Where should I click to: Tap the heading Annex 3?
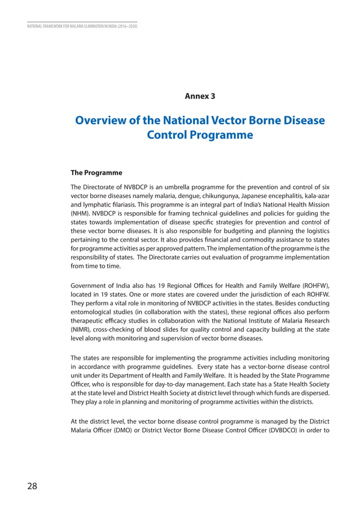pos(200,96)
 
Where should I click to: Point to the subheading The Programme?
pos(96,172)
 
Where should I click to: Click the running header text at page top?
pos(82,26)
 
